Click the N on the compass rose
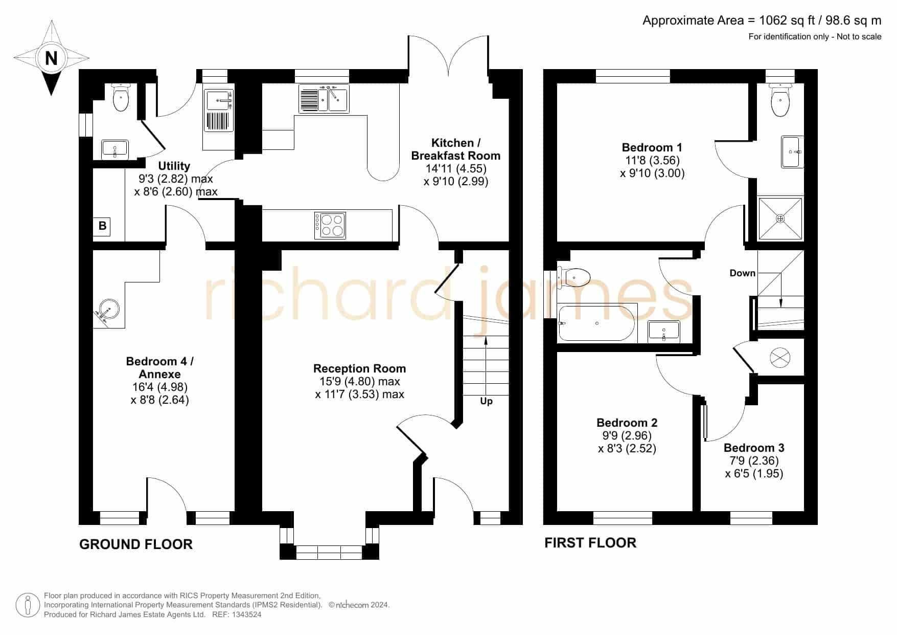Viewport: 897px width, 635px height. click(x=51, y=58)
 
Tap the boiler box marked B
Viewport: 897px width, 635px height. click(x=102, y=226)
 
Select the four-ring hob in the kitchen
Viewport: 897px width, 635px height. click(x=330, y=226)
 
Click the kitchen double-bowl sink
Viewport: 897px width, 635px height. click(x=324, y=99)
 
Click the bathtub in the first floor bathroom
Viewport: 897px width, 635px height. click(x=596, y=323)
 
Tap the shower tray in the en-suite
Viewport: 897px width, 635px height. click(x=780, y=218)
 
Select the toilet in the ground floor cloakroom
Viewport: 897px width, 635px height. click(x=121, y=97)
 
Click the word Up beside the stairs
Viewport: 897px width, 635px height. click(x=486, y=401)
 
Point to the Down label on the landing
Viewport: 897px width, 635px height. click(x=742, y=273)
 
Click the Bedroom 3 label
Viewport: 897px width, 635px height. click(x=754, y=448)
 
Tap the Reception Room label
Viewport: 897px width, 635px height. click(x=360, y=368)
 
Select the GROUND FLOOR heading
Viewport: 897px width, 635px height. click(x=136, y=544)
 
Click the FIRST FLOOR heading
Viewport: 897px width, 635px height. click(x=590, y=543)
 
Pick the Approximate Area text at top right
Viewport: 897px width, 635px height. click(x=762, y=20)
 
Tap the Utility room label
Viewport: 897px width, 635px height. click(x=174, y=166)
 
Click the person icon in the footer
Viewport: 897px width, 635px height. click(x=28, y=605)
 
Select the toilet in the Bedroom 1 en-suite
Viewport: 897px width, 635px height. click(x=780, y=100)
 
